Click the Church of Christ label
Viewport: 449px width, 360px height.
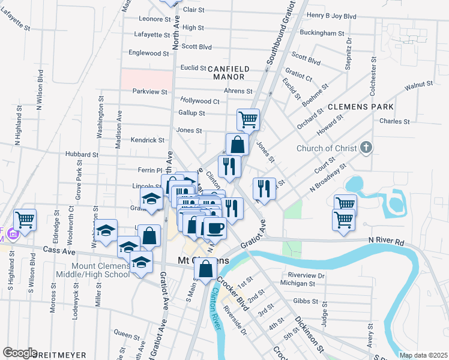coord(327,149)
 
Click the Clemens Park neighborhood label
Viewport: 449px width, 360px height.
coord(360,107)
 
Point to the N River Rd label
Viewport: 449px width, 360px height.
coord(388,241)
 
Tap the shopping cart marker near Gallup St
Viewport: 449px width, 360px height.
coord(248,118)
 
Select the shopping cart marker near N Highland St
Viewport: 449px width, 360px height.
coord(25,220)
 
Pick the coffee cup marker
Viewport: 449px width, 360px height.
coord(215,228)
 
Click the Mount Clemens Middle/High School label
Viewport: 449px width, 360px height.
coord(100,270)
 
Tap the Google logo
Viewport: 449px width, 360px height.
coord(19,353)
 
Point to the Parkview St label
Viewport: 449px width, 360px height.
coord(149,91)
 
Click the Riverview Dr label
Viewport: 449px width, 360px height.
coord(306,275)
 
